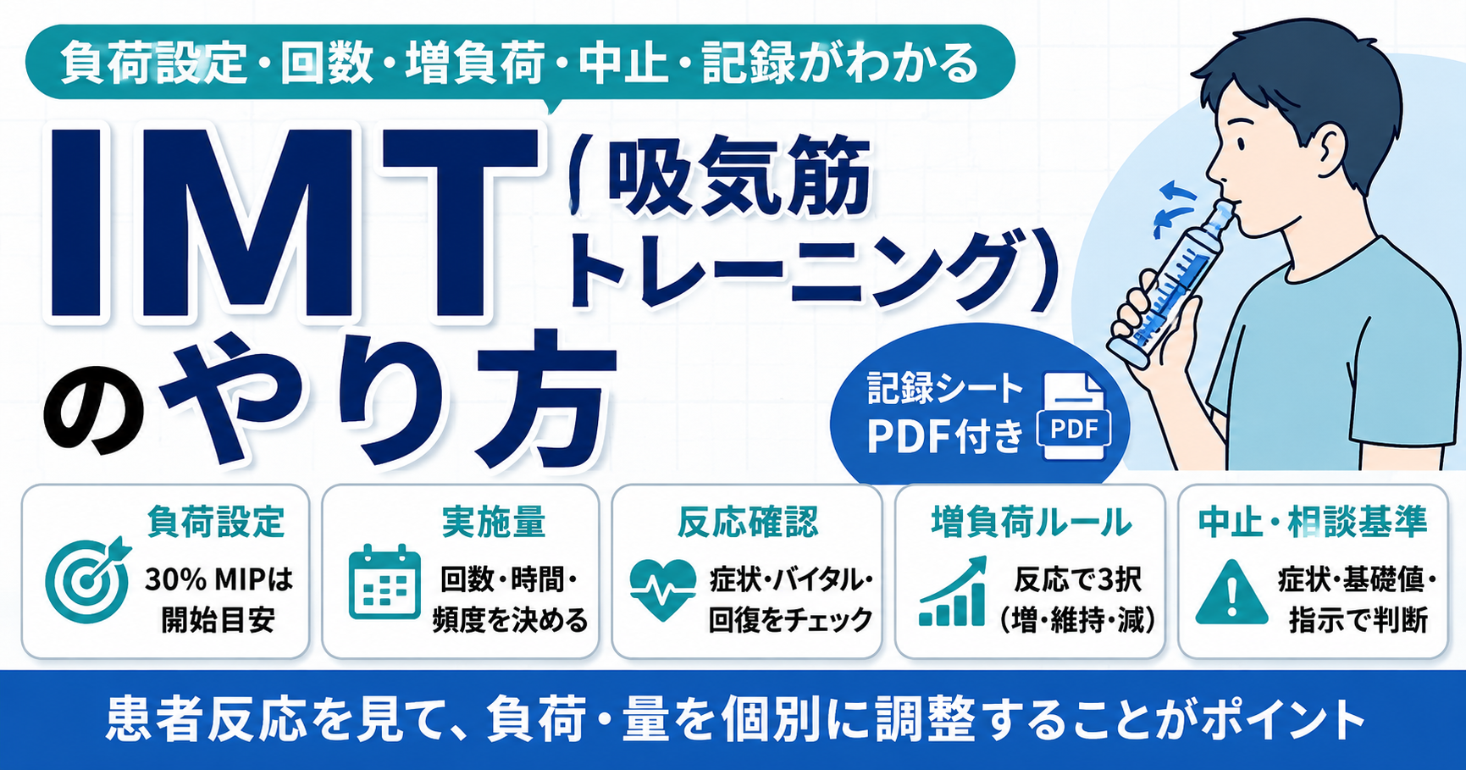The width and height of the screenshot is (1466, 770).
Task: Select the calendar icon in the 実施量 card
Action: point(384,582)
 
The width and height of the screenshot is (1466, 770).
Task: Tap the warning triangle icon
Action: point(1231,591)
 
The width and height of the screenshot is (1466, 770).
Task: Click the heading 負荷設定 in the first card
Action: point(215,522)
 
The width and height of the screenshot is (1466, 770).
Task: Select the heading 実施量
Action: point(493,522)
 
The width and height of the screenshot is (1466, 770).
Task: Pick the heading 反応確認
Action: point(748,522)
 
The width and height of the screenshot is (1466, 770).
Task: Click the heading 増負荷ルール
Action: point(1031,522)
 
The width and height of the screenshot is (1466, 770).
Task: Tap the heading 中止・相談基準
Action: point(1313,522)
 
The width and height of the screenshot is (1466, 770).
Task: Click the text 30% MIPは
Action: point(219,579)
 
